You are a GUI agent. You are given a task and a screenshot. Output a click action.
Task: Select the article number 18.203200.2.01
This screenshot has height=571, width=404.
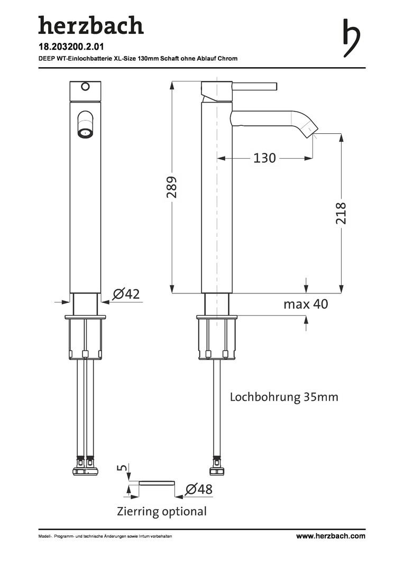[x=71, y=47]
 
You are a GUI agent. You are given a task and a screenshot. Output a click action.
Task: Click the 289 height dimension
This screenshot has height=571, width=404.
[x=171, y=187]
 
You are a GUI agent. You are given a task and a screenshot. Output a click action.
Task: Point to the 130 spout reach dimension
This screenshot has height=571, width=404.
[x=264, y=158]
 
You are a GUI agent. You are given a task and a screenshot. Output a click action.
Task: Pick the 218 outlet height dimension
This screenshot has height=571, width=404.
[x=341, y=214]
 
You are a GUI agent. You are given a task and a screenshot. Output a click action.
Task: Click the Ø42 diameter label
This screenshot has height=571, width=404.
[x=126, y=293]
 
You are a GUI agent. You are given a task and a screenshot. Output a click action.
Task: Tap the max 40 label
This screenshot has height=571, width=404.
[x=306, y=303]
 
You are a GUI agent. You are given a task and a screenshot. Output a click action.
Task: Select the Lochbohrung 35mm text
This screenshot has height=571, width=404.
[x=284, y=397]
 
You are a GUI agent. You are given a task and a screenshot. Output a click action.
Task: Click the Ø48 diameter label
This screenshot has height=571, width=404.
[x=198, y=489]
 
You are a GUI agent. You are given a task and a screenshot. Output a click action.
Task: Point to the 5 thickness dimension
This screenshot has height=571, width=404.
[x=124, y=467]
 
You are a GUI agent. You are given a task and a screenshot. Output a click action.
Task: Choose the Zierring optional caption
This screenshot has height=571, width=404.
[x=162, y=511]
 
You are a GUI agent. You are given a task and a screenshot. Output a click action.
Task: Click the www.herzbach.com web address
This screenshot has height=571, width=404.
[x=330, y=536]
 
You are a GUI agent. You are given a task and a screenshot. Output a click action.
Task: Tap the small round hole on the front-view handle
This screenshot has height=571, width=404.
[x=85, y=87]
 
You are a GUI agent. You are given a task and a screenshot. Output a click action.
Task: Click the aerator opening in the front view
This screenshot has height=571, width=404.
[x=86, y=133]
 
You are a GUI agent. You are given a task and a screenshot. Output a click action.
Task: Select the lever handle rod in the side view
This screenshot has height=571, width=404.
[x=255, y=86]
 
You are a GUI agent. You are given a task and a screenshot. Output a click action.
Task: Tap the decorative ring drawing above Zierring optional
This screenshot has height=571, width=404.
[x=157, y=483]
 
